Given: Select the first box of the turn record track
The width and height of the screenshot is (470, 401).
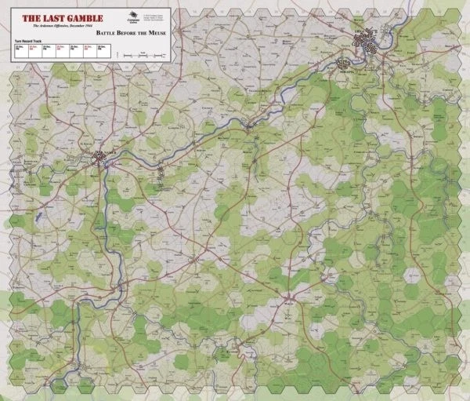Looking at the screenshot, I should click(x=19, y=52).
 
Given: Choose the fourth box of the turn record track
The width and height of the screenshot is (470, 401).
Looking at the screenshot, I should click(x=60, y=52).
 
